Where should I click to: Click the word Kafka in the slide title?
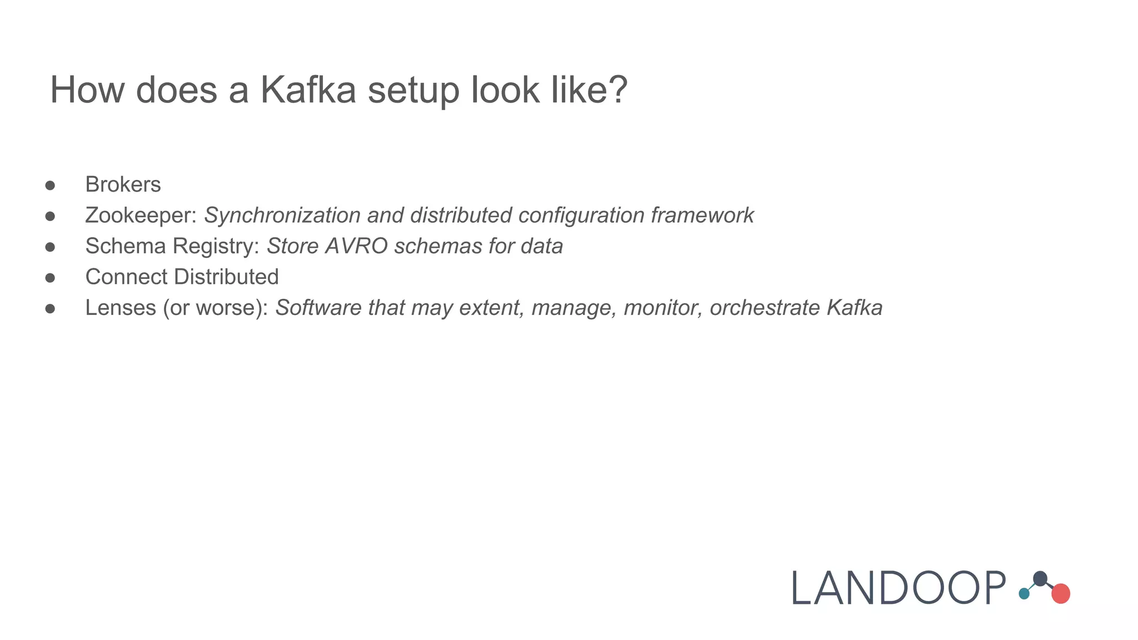(x=308, y=90)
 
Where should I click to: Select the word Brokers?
(x=123, y=184)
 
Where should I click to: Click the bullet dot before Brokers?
(x=50, y=185)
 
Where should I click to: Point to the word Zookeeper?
(x=141, y=216)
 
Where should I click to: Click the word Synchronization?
(x=282, y=216)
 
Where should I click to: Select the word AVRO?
(x=356, y=246)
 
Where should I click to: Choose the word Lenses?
(x=121, y=308)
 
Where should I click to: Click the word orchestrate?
(x=765, y=308)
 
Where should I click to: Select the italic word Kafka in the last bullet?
(x=854, y=308)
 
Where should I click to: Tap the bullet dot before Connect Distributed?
(x=50, y=277)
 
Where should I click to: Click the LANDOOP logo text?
(x=898, y=588)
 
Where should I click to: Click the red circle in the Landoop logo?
(x=1061, y=593)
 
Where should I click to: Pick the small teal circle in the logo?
(x=1024, y=594)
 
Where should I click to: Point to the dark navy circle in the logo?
(x=1040, y=578)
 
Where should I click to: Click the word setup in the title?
(x=413, y=90)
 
